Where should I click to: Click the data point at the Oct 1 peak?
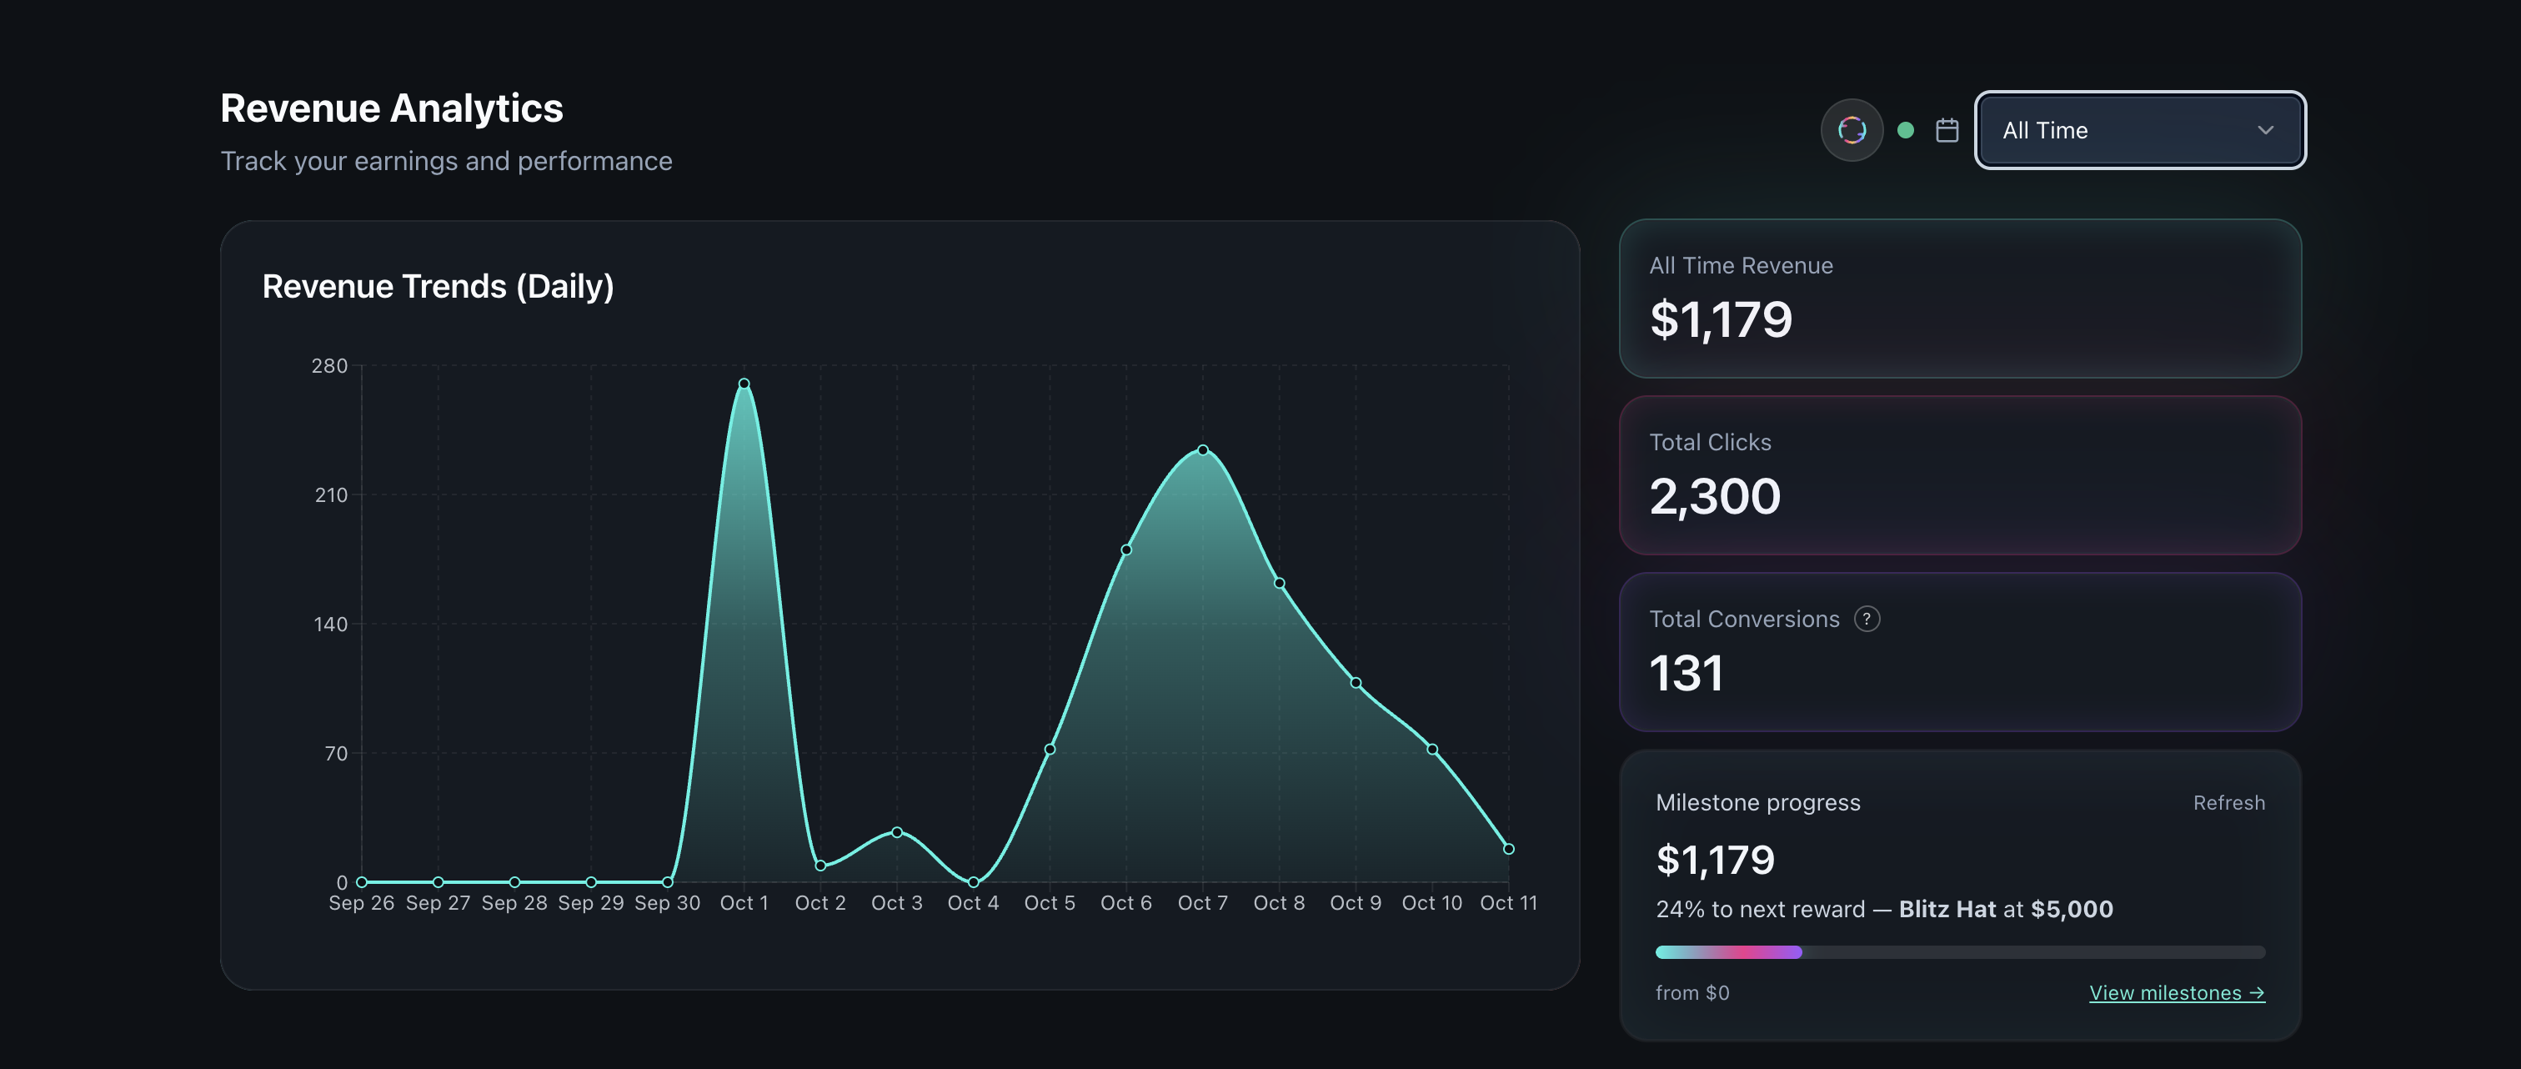pos(744,384)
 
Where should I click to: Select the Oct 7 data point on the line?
pos(1203,450)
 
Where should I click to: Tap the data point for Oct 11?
pos(1508,849)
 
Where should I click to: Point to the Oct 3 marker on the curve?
pos(896,832)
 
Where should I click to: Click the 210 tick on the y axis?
pos(331,495)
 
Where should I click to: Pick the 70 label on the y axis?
pos(336,754)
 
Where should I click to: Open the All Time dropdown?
pos(2139,130)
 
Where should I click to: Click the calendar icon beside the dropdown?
pos(1947,130)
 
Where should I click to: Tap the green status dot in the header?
pos(1906,130)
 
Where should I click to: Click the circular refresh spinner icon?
pos(1852,130)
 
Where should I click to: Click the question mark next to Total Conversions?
pos(1867,619)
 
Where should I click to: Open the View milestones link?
pos(2177,992)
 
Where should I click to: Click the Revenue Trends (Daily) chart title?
pos(438,286)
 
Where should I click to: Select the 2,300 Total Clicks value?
pos(1715,496)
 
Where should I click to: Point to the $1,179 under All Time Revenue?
pos(1721,319)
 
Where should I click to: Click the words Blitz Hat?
pos(1947,910)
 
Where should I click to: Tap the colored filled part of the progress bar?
pos(1727,952)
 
